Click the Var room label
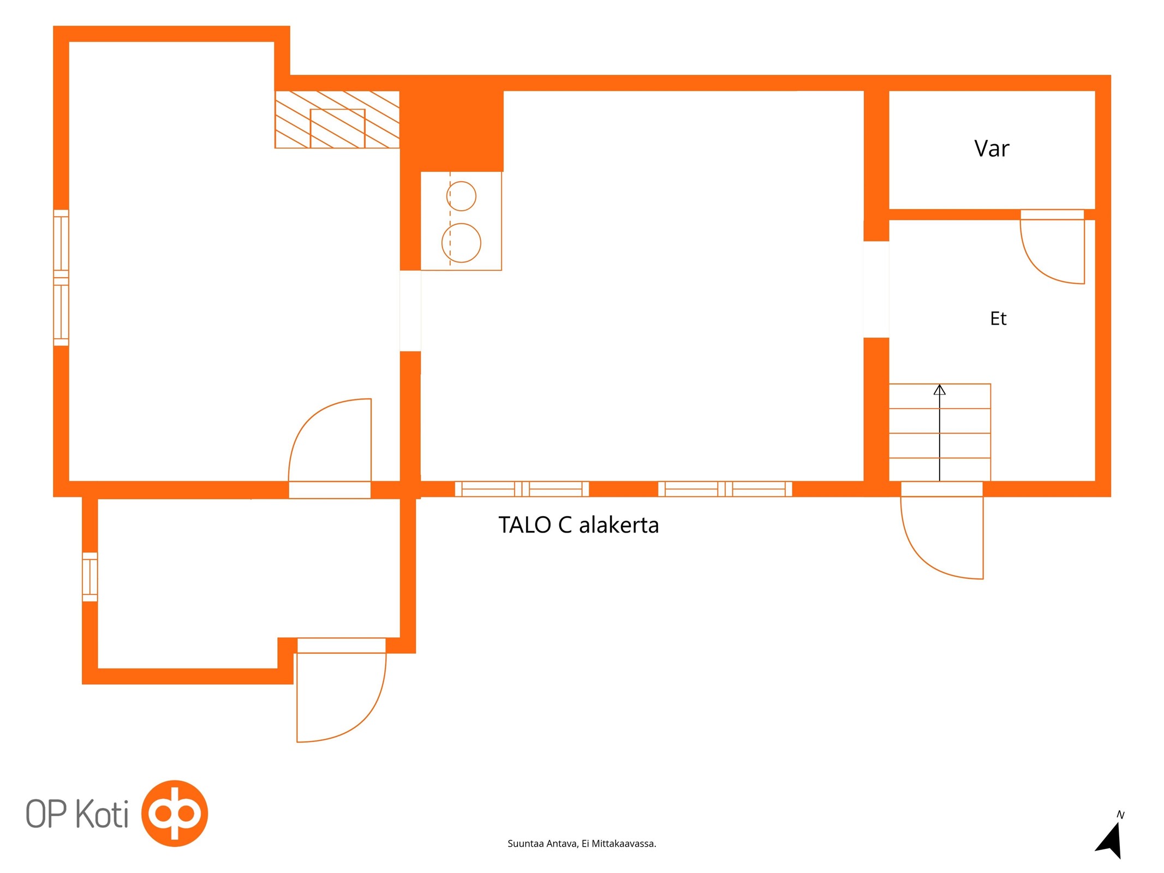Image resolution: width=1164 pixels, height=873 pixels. pyautogui.click(x=991, y=148)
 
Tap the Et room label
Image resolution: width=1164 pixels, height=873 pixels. pyautogui.click(x=998, y=318)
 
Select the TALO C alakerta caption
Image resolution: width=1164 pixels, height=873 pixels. pyautogui.click(x=578, y=525)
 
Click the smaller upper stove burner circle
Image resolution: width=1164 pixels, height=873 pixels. pyautogui.click(x=461, y=196)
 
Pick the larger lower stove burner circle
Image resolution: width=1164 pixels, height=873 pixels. pyautogui.click(x=461, y=243)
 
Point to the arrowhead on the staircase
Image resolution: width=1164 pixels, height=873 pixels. pyautogui.click(x=939, y=390)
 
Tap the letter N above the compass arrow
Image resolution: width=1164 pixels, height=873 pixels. pyautogui.click(x=1120, y=815)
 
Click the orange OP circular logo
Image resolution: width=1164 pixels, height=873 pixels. pyautogui.click(x=175, y=813)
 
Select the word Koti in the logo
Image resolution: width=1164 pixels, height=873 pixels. pyautogui.click(x=102, y=814)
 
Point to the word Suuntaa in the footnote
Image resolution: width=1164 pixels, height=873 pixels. pyautogui.click(x=526, y=844)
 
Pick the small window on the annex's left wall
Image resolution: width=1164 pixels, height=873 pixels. pyautogui.click(x=90, y=577)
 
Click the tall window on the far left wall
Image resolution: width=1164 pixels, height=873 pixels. pyautogui.click(x=61, y=278)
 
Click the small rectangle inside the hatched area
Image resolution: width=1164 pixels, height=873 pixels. pyautogui.click(x=337, y=129)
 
